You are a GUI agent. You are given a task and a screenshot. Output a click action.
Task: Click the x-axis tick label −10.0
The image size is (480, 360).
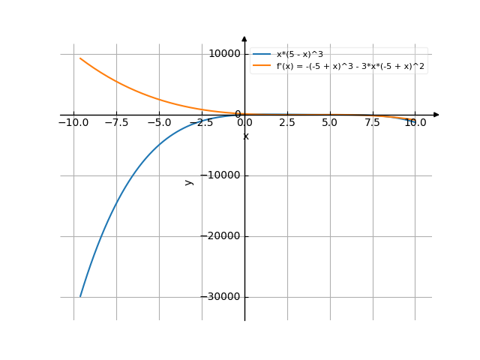pos(73,121)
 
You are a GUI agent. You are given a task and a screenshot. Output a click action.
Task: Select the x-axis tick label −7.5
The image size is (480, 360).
pos(115,121)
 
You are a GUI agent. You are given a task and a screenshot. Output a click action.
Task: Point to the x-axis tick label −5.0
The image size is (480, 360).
pos(158,121)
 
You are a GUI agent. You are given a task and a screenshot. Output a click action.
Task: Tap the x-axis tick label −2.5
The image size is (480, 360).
pos(201,121)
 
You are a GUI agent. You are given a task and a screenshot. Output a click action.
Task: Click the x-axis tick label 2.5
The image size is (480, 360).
pos(287,121)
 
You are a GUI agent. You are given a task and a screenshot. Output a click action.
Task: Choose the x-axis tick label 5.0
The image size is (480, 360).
pos(330,121)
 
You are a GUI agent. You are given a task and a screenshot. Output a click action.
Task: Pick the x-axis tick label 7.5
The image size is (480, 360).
pos(373,121)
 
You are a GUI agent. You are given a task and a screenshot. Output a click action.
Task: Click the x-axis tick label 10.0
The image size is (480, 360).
pos(415,121)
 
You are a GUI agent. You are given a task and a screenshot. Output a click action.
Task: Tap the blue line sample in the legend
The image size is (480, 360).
pos(262,55)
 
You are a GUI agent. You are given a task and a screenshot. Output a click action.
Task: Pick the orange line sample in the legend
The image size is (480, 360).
pos(262,66)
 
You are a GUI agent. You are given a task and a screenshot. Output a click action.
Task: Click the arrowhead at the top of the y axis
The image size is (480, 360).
pos(244,38)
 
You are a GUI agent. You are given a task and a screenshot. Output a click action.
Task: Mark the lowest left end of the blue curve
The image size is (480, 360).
pos(80,296)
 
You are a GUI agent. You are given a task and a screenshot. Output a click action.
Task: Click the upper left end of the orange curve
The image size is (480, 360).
pos(80,58)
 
